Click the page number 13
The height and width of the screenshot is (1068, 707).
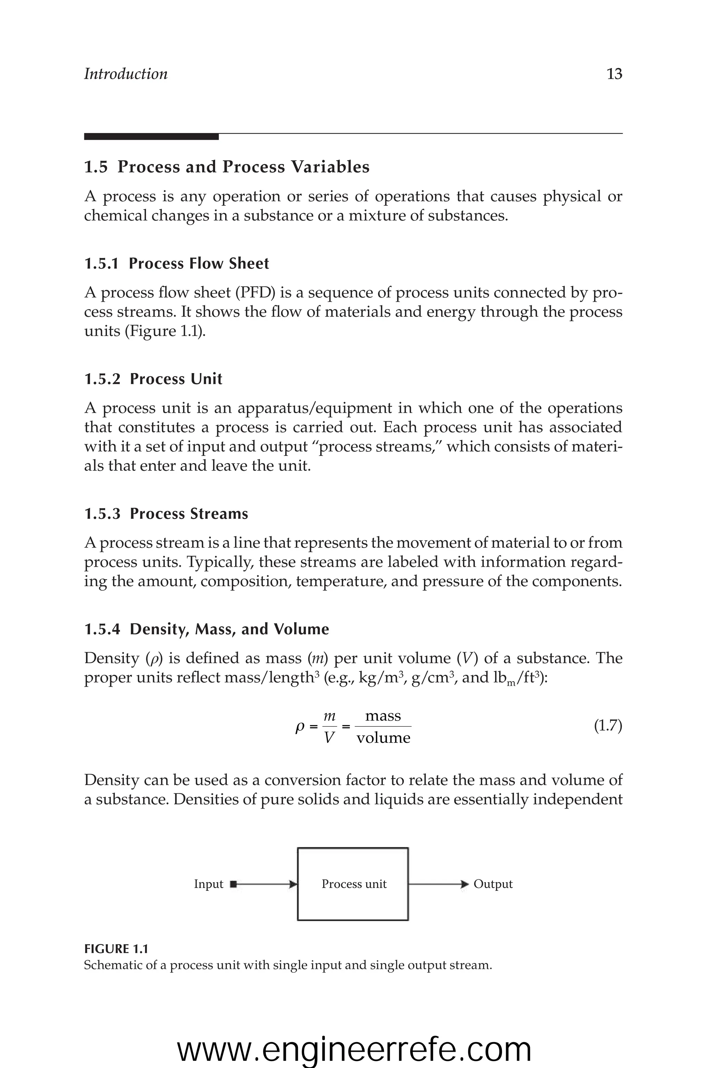[x=614, y=74]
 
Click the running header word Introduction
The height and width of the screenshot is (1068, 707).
[x=126, y=74]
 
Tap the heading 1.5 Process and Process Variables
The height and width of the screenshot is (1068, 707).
[x=227, y=167]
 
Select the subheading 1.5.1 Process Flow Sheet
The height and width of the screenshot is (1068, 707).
[x=176, y=264]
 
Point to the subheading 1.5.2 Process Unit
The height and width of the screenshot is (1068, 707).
[x=153, y=379]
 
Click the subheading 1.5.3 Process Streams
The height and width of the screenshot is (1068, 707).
[x=166, y=514]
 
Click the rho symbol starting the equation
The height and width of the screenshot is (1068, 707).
[x=299, y=727]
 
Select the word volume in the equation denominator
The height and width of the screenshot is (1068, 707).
[x=383, y=738]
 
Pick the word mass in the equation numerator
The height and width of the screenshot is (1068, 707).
[x=383, y=716]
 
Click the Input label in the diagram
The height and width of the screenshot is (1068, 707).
[x=208, y=884]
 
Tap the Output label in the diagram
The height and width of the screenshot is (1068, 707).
[x=493, y=884]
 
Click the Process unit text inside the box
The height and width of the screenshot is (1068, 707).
[x=354, y=884]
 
